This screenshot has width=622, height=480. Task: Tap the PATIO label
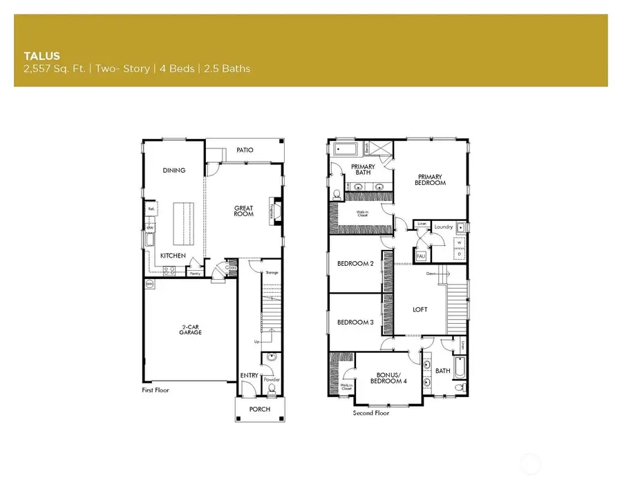coord(245,149)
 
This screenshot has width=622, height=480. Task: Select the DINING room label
coord(174,171)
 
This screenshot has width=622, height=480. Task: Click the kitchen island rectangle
coord(185,224)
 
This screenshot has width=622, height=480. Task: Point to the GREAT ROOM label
coord(243,211)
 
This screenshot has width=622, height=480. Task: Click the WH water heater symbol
coord(149,283)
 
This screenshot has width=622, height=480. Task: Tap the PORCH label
coord(260,410)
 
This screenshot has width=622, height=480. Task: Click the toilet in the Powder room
coord(271,389)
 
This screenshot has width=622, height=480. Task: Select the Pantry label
coord(196,273)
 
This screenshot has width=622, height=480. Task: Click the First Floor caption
coord(155,390)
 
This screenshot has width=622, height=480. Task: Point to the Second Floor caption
coord(371,413)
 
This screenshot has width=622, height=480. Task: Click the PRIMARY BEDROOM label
coord(431,180)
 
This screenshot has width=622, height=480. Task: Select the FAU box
coord(420,257)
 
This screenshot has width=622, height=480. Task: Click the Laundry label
coord(443,227)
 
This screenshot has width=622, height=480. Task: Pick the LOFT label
coord(420,309)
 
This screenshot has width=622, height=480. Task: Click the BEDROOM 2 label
coord(355,263)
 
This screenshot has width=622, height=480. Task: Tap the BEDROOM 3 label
coord(355,323)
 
